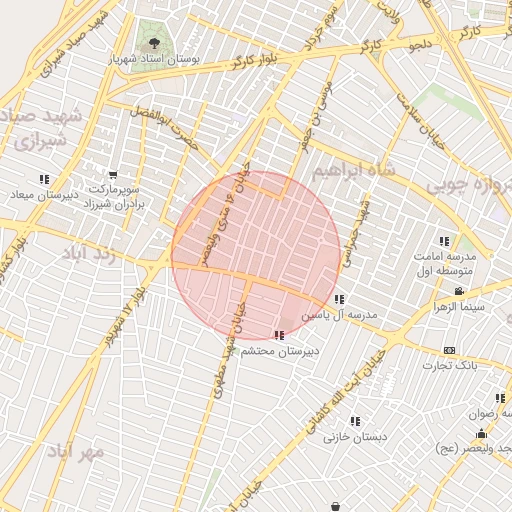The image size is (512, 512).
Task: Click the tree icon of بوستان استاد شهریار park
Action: click(x=154, y=43)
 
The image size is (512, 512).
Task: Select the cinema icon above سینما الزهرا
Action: click(x=458, y=292)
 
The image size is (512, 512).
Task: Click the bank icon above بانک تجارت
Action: click(x=449, y=350)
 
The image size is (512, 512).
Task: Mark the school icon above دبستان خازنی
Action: click(x=354, y=421)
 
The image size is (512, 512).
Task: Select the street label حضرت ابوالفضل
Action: click(x=171, y=130)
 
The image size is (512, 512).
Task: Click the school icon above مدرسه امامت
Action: click(x=443, y=241)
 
